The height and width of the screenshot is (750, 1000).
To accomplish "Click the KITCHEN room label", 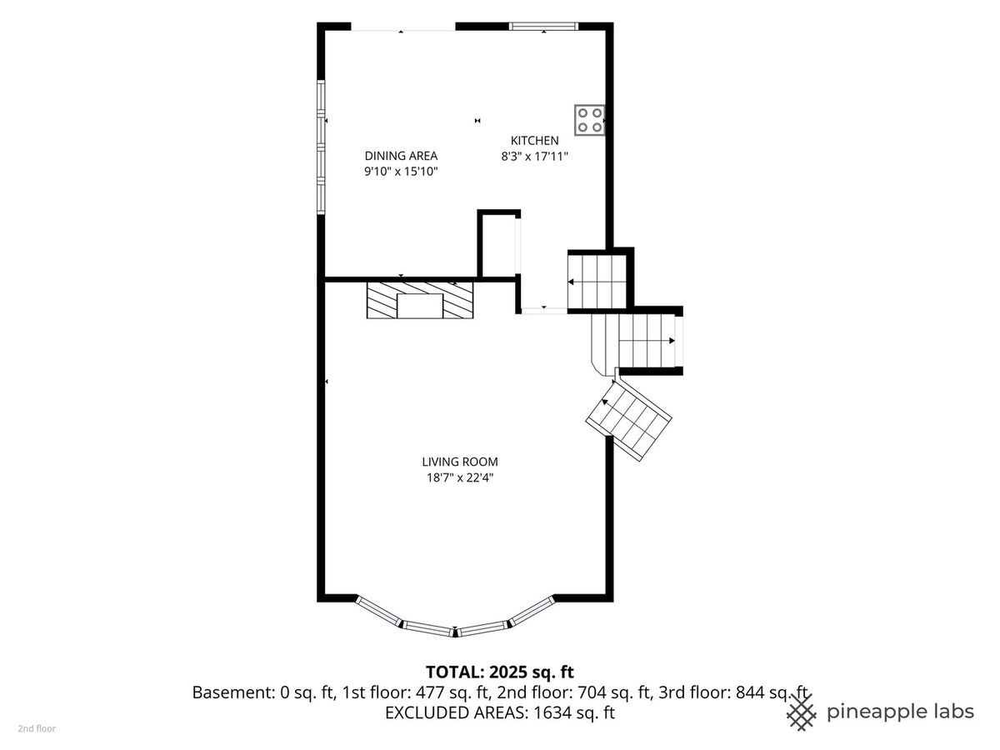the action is tap(534, 141).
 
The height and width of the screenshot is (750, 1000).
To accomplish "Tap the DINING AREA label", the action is tap(401, 156).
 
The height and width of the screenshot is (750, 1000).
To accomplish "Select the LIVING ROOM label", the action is tap(460, 462).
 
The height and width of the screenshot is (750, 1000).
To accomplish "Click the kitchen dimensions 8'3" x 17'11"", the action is tap(534, 157).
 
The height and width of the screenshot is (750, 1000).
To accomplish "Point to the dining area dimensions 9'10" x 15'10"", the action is tap(401, 172).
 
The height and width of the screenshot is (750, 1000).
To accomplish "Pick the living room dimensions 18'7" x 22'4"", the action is tap(460, 477).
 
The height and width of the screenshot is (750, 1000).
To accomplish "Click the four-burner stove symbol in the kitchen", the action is tap(589, 120).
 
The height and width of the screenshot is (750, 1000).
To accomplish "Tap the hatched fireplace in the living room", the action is tap(420, 300).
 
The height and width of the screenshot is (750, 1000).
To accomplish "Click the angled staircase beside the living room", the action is tap(628, 421).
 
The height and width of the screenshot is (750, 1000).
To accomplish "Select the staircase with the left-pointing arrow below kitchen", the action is tap(597, 282).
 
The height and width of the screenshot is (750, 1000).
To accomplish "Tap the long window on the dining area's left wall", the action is tap(321, 147).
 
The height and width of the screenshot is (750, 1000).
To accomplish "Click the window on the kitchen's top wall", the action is tap(543, 27).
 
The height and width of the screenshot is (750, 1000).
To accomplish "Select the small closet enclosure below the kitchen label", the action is tap(499, 244).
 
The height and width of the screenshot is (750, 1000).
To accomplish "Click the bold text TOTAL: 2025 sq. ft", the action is tap(500, 672).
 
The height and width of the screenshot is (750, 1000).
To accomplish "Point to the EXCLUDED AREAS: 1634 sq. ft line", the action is tap(500, 712).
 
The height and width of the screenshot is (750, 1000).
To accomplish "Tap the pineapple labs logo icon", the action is tap(802, 712).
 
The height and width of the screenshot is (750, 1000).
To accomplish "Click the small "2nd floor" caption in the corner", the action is tap(37, 728).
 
